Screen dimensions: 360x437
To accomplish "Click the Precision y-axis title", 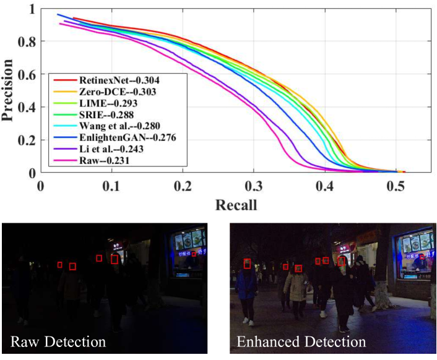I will click(x=9, y=90).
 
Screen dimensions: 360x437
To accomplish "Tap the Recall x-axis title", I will click(x=236, y=204).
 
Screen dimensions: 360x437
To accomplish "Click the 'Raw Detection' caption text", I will click(x=58, y=342).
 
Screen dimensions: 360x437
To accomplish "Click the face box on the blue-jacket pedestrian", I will click(x=247, y=264).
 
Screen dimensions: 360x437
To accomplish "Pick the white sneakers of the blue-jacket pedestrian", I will click(x=248, y=321).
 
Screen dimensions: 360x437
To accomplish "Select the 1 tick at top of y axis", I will click(x=32, y=9).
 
